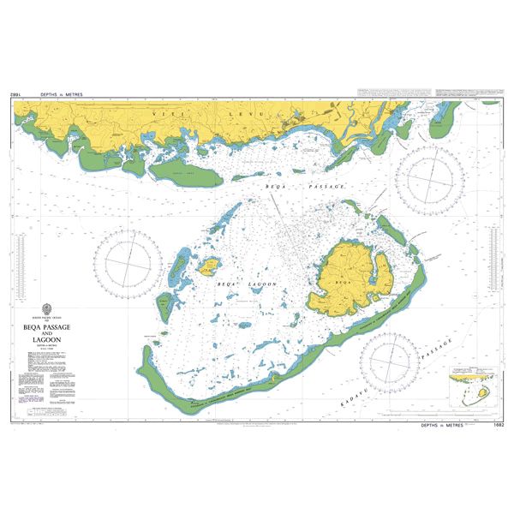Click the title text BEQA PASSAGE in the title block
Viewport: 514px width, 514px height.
pyautogui.click(x=50, y=326)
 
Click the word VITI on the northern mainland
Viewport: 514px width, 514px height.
pyautogui.click(x=163, y=111)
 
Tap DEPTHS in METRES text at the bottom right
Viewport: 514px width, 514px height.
pyautogui.click(x=440, y=425)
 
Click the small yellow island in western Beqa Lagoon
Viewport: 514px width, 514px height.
pyautogui.click(x=207, y=267)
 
